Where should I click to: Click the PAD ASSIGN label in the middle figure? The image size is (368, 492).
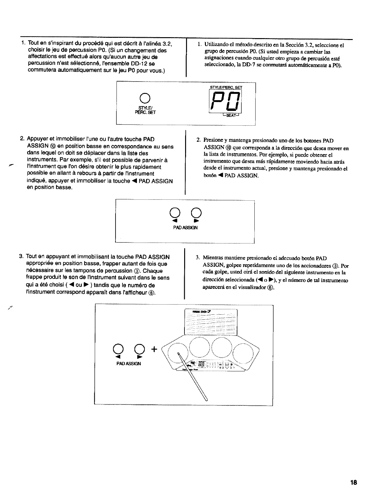click(186, 227)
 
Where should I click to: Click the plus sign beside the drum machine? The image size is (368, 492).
click(154, 349)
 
